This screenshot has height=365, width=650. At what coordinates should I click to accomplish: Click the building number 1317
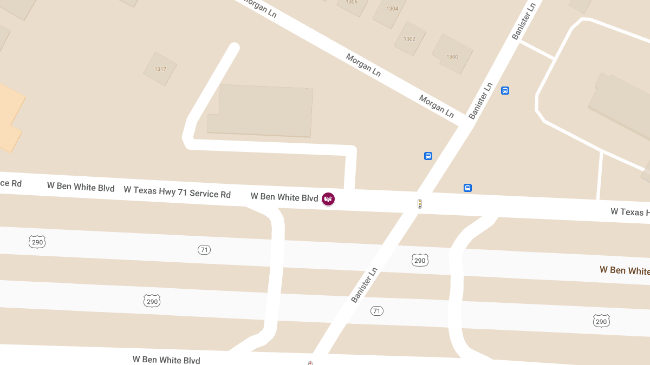(160, 69)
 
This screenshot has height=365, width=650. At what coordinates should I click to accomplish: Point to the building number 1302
(409, 39)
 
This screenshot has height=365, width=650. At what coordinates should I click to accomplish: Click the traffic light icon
(419, 204)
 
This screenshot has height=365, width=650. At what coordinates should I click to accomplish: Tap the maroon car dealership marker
(328, 199)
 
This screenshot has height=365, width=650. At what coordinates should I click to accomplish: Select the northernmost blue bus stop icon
(505, 91)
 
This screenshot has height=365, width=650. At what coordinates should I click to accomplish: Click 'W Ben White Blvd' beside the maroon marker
(284, 197)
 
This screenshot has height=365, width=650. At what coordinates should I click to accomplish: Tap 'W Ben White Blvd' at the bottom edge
(166, 360)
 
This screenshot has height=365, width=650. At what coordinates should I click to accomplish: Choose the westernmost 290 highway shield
(37, 242)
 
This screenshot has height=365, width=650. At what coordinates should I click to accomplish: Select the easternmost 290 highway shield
(601, 321)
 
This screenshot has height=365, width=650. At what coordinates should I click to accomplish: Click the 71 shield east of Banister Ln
(377, 311)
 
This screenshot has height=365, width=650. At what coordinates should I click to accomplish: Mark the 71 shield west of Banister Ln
(204, 250)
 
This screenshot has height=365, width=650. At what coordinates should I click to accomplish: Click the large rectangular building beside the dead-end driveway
(260, 111)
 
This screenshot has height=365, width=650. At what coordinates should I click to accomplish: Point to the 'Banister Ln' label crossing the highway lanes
(363, 285)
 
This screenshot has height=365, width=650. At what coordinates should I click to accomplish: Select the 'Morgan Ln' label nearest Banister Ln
(437, 106)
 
